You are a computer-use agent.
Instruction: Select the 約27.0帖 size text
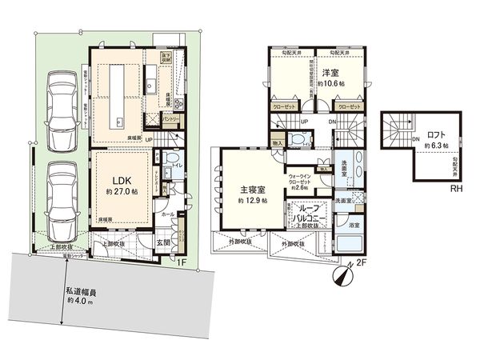point(117,191)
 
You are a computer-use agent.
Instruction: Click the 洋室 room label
point(331,71)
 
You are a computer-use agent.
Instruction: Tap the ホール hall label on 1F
point(167,214)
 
